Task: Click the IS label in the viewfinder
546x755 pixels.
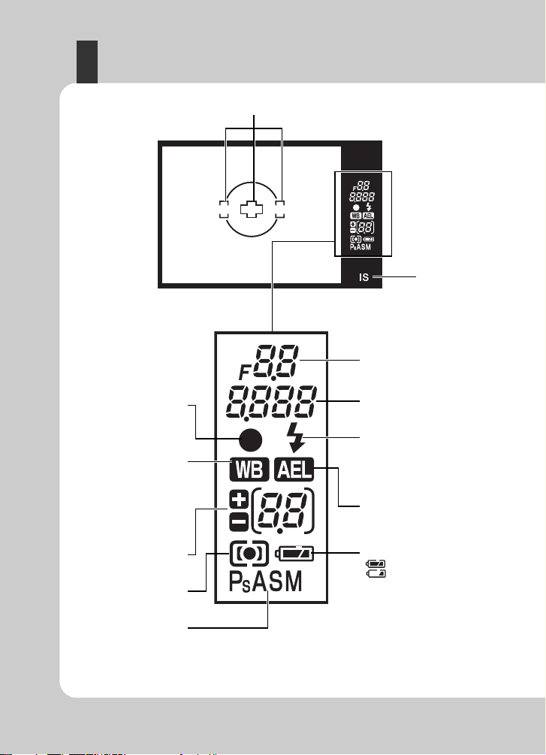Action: pos(363,277)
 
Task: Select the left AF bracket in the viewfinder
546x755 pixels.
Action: pos(222,210)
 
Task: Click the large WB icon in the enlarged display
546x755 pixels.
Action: pos(249,469)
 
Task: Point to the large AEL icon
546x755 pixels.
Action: pos(294,469)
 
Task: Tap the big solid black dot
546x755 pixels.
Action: pos(250,439)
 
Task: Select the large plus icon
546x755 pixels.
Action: pos(239,501)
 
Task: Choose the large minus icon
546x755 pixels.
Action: pos(239,521)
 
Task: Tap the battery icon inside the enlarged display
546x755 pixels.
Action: pos(294,554)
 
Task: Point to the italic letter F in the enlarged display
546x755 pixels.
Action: pos(245,372)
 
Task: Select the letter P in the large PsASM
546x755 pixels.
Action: pos(235,581)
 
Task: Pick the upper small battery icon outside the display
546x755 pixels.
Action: pos(376,564)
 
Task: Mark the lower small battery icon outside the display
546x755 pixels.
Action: pos(376,573)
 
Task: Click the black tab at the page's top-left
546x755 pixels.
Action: pos(87,62)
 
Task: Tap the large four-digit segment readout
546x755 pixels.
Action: pos(272,402)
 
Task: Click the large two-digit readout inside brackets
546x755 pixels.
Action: pos(282,510)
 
